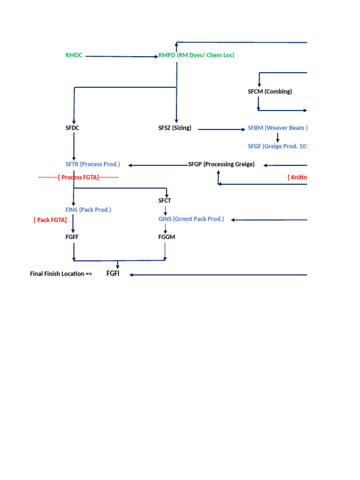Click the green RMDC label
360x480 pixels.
tap(74, 55)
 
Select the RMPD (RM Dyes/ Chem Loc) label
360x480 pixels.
tap(196, 55)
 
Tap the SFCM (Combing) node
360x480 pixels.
tap(270, 91)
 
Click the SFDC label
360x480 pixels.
tap(73, 127)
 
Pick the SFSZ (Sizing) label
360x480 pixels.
tap(175, 127)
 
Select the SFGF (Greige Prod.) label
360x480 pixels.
tap(277, 146)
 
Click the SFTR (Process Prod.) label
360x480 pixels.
tap(93, 164)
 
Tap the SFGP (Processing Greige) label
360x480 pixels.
tap(221, 164)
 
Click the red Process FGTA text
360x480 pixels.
tap(78, 177)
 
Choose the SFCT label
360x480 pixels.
tap(165, 201)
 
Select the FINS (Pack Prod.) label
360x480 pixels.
tap(88, 210)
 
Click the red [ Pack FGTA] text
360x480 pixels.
tap(50, 219)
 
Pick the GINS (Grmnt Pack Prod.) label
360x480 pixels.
tap(191, 219)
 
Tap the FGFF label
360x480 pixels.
tap(72, 237)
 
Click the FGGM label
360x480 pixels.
tap(166, 237)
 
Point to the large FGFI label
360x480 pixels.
tap(113, 273)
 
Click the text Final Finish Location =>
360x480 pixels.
tap(61, 274)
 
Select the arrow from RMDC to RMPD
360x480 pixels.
tap(122, 57)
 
